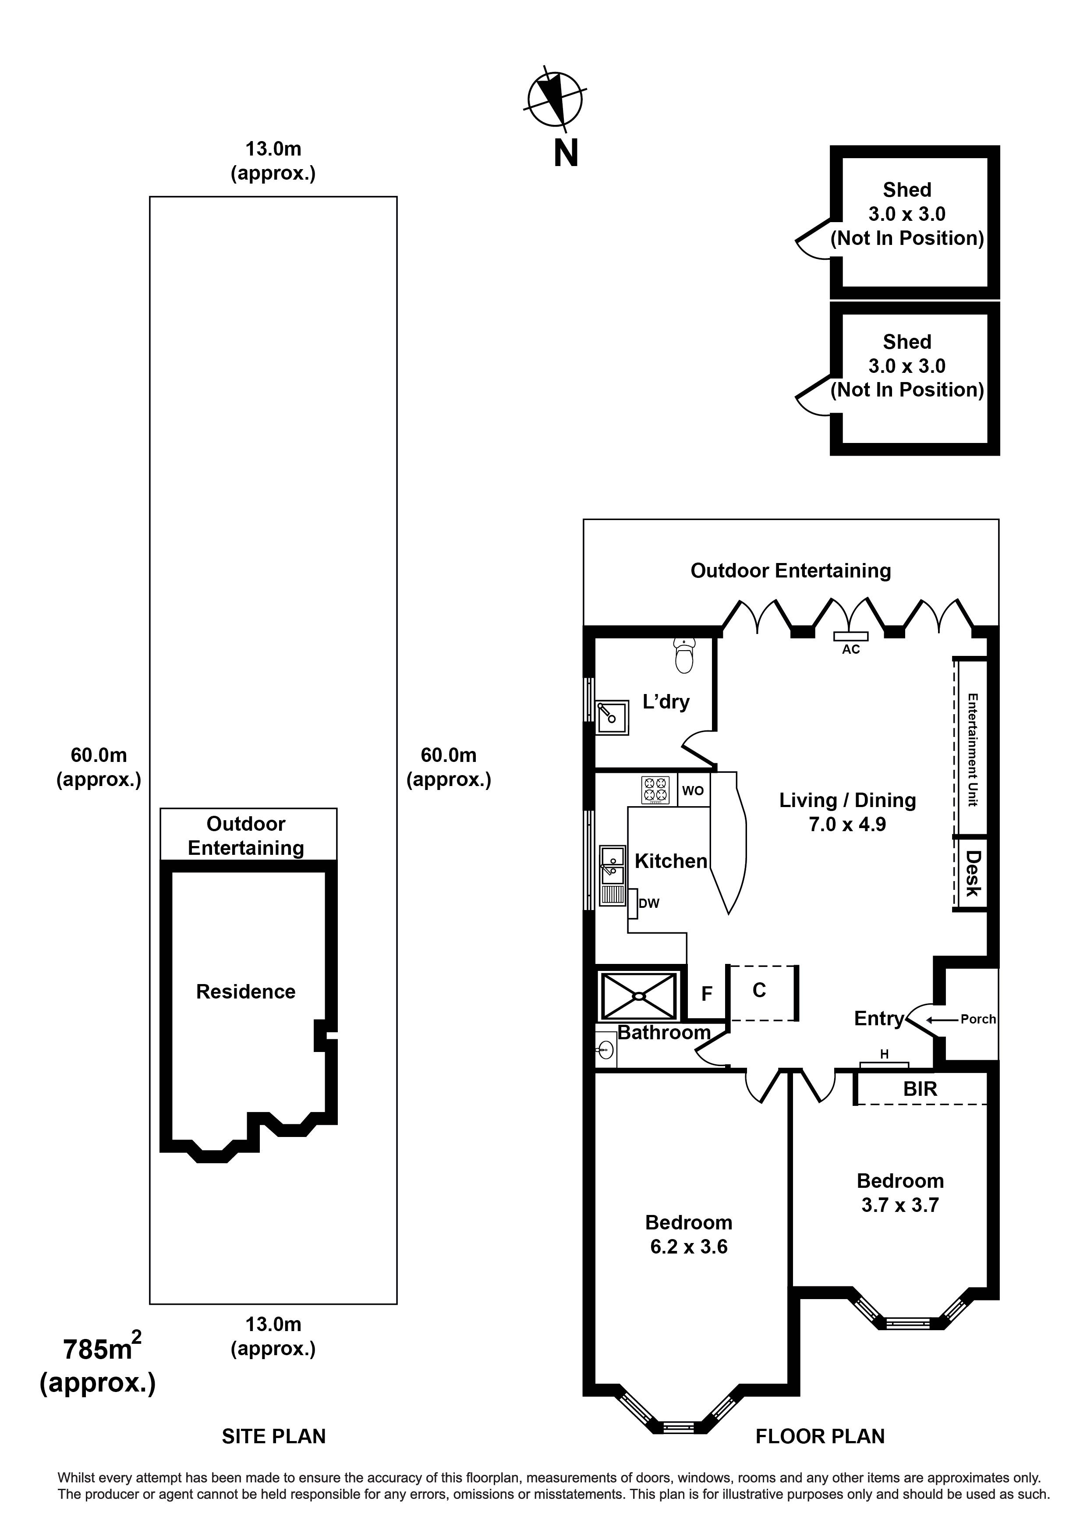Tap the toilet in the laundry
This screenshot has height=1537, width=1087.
[x=684, y=655]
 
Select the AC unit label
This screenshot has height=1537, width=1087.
[x=851, y=649]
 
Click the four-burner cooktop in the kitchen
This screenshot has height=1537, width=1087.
[x=655, y=790]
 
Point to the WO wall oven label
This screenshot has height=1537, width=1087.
[x=693, y=790]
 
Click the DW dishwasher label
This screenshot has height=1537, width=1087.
[x=648, y=903]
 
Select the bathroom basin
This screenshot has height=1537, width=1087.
[x=606, y=1049]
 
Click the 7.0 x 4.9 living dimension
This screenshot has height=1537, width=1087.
[x=847, y=824]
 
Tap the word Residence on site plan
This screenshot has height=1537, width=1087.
[x=246, y=992]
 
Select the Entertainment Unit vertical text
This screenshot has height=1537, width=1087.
[x=972, y=750]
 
